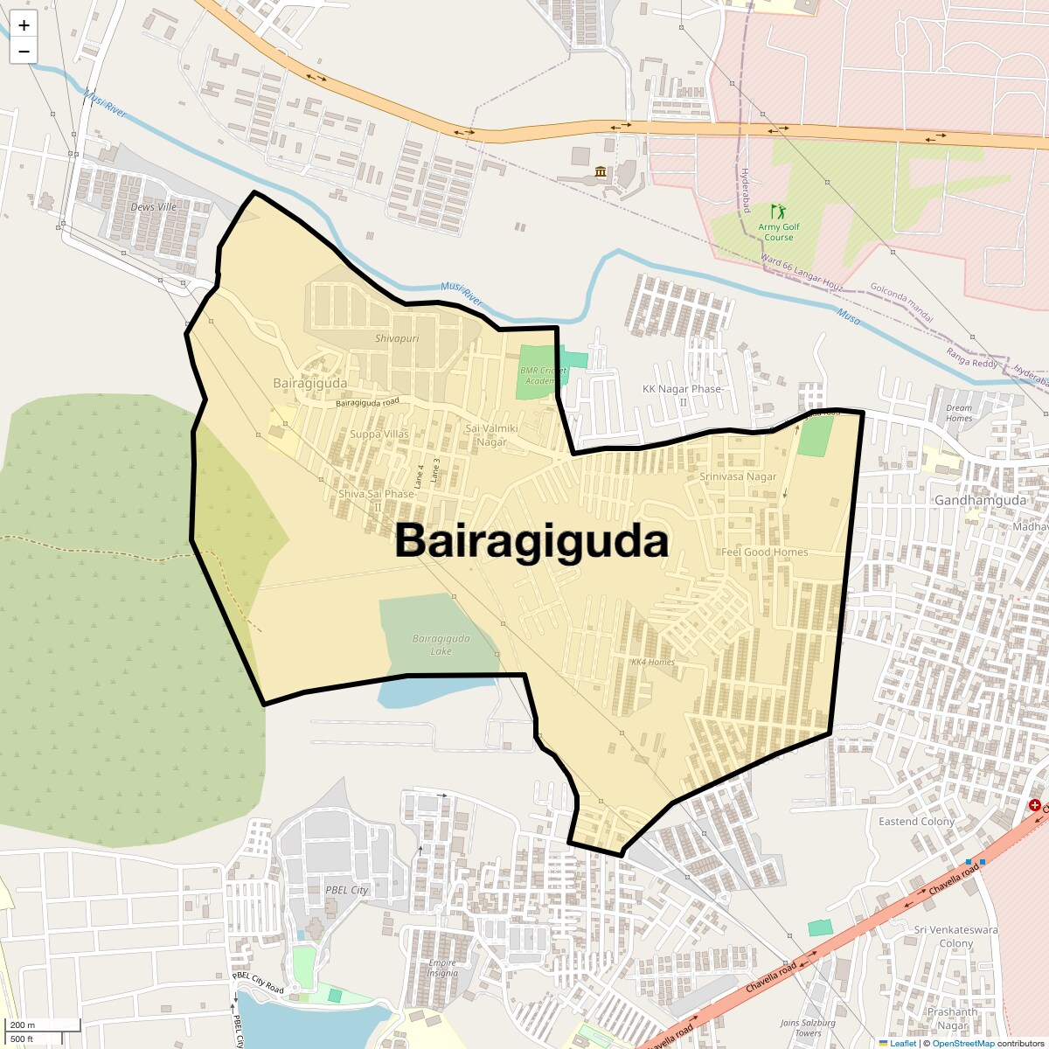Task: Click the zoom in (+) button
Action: click(24, 25)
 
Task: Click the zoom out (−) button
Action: click(24, 52)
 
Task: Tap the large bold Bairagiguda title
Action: click(531, 541)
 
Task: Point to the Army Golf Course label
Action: click(778, 232)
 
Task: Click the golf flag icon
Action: click(777, 212)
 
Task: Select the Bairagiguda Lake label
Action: click(441, 645)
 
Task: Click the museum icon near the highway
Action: click(601, 171)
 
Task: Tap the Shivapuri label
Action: click(397, 338)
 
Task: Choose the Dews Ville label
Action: click(153, 207)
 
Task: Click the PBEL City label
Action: click(347, 890)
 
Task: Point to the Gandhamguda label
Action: click(980, 501)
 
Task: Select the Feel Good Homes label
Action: click(764, 552)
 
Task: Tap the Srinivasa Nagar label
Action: click(738, 477)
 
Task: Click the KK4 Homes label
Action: click(653, 662)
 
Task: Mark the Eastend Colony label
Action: click(916, 822)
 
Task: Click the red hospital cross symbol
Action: click(1035, 804)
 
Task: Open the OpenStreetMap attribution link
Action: click(962, 1043)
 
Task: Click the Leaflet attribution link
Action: click(902, 1043)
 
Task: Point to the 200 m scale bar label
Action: click(23, 1025)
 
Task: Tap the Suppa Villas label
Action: click(379, 434)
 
